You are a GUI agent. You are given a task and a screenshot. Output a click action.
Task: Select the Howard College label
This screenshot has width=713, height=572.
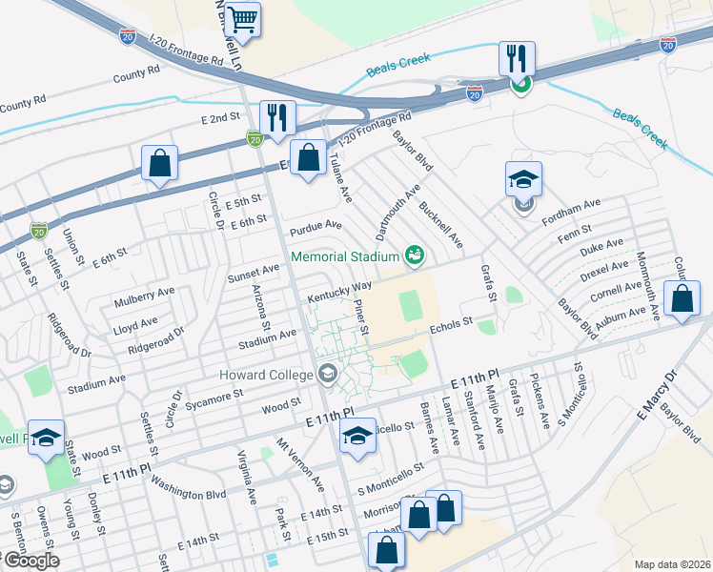[272, 372]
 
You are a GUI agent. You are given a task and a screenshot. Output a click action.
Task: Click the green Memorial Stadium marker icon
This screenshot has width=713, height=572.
[414, 255]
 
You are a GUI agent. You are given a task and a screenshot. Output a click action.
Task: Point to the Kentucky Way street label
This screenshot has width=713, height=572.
[339, 292]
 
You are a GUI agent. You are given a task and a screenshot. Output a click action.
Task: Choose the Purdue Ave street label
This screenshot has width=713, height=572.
[316, 226]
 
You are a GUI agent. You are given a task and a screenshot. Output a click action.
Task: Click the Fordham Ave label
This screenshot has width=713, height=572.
[579, 204]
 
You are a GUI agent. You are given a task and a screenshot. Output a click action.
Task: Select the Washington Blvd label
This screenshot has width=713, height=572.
[188, 489]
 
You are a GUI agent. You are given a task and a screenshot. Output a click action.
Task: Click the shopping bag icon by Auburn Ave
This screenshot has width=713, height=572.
[683, 299]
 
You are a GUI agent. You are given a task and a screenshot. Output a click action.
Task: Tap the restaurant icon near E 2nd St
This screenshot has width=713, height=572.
[277, 119]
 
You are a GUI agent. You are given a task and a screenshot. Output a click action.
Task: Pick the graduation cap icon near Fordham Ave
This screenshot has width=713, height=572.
[522, 180]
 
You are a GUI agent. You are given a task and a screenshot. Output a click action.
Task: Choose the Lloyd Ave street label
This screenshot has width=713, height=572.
[134, 325]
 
